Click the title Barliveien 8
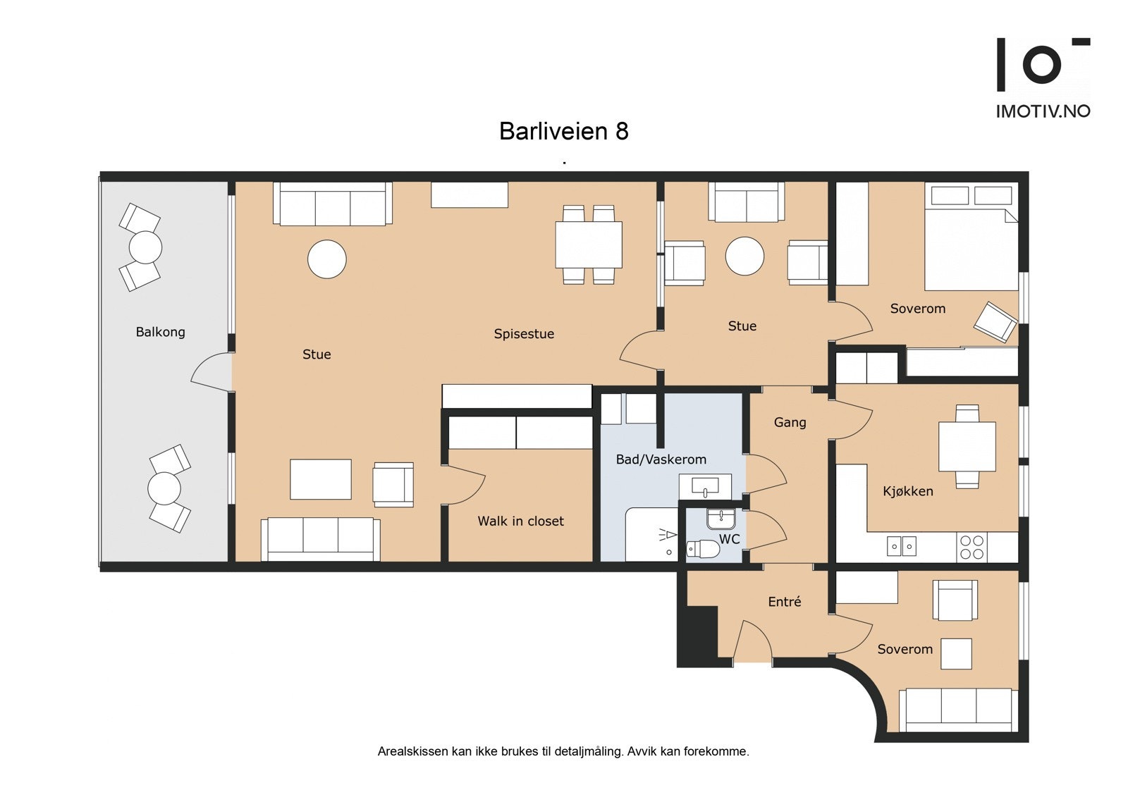tap(563, 131)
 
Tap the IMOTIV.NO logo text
tap(1043, 111)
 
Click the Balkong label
tap(160, 332)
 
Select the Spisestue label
tap(524, 334)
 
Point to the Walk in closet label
tap(520, 521)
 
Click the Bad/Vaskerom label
tap(661, 459)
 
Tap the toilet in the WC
tap(702, 548)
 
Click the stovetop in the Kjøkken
tap(971, 548)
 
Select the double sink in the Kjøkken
tap(902, 546)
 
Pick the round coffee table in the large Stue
tap(327, 259)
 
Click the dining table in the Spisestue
tap(589, 245)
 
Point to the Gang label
tap(790, 422)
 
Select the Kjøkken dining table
tap(967, 447)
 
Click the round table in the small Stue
tap(745, 256)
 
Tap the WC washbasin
tap(721, 519)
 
